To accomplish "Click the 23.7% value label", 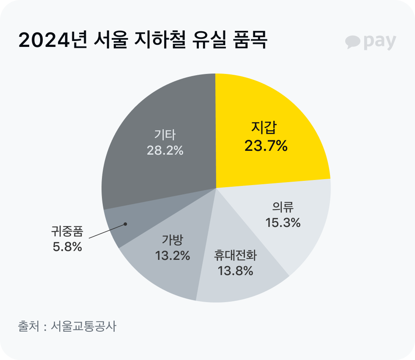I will [x=266, y=146].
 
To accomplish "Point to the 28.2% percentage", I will [x=165, y=150].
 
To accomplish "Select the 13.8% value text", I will [x=235, y=270].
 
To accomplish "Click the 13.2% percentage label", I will [x=172, y=256].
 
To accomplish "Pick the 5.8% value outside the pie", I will [x=67, y=247].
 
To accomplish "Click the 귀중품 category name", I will [x=67, y=232].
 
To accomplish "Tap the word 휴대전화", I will [x=235, y=255].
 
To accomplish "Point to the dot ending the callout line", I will [x=125, y=224].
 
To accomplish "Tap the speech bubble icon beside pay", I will [x=352, y=42].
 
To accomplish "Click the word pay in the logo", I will [x=379, y=42].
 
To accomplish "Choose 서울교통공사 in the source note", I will [x=83, y=327].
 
